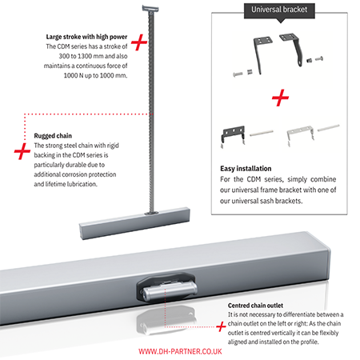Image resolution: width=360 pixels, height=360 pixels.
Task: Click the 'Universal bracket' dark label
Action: (279, 10)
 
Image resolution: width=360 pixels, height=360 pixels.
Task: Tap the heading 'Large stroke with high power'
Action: (86, 37)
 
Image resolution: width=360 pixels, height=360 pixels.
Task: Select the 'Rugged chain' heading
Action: (53, 136)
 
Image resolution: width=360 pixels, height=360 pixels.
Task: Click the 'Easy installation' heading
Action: (246, 169)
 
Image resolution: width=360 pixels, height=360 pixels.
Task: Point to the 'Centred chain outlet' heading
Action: (255, 306)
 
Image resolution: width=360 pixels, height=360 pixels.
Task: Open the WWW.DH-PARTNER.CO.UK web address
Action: (180, 351)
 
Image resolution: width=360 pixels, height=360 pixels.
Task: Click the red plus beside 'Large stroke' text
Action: (139, 42)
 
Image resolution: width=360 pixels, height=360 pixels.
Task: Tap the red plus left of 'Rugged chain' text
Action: (22, 151)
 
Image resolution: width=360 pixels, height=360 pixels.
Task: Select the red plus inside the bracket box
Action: (280, 98)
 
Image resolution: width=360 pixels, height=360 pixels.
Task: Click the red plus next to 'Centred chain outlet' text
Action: (221, 326)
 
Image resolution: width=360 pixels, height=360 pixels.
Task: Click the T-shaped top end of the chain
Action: (150, 8)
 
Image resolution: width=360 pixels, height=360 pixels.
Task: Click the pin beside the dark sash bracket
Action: (262, 133)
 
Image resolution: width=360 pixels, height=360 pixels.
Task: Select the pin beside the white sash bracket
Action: (329, 127)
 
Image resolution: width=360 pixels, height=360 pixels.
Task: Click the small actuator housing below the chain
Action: (134, 223)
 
